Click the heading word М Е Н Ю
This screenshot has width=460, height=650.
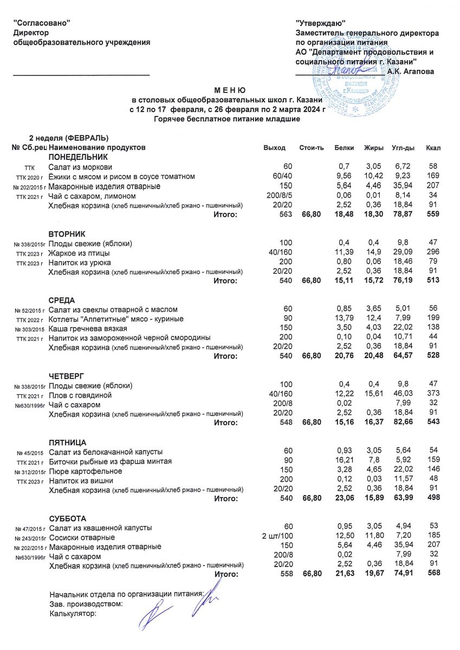coord(230,90)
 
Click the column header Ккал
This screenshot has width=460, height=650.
coord(433,147)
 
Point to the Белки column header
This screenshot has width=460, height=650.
coord(345,147)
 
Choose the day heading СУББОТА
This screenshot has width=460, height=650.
coord(68,518)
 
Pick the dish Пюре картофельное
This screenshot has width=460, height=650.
coord(85,471)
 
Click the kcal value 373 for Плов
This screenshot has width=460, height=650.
coord(431,395)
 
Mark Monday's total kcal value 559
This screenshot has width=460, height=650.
coord(431,215)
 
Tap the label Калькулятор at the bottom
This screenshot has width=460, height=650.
coord(73,614)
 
